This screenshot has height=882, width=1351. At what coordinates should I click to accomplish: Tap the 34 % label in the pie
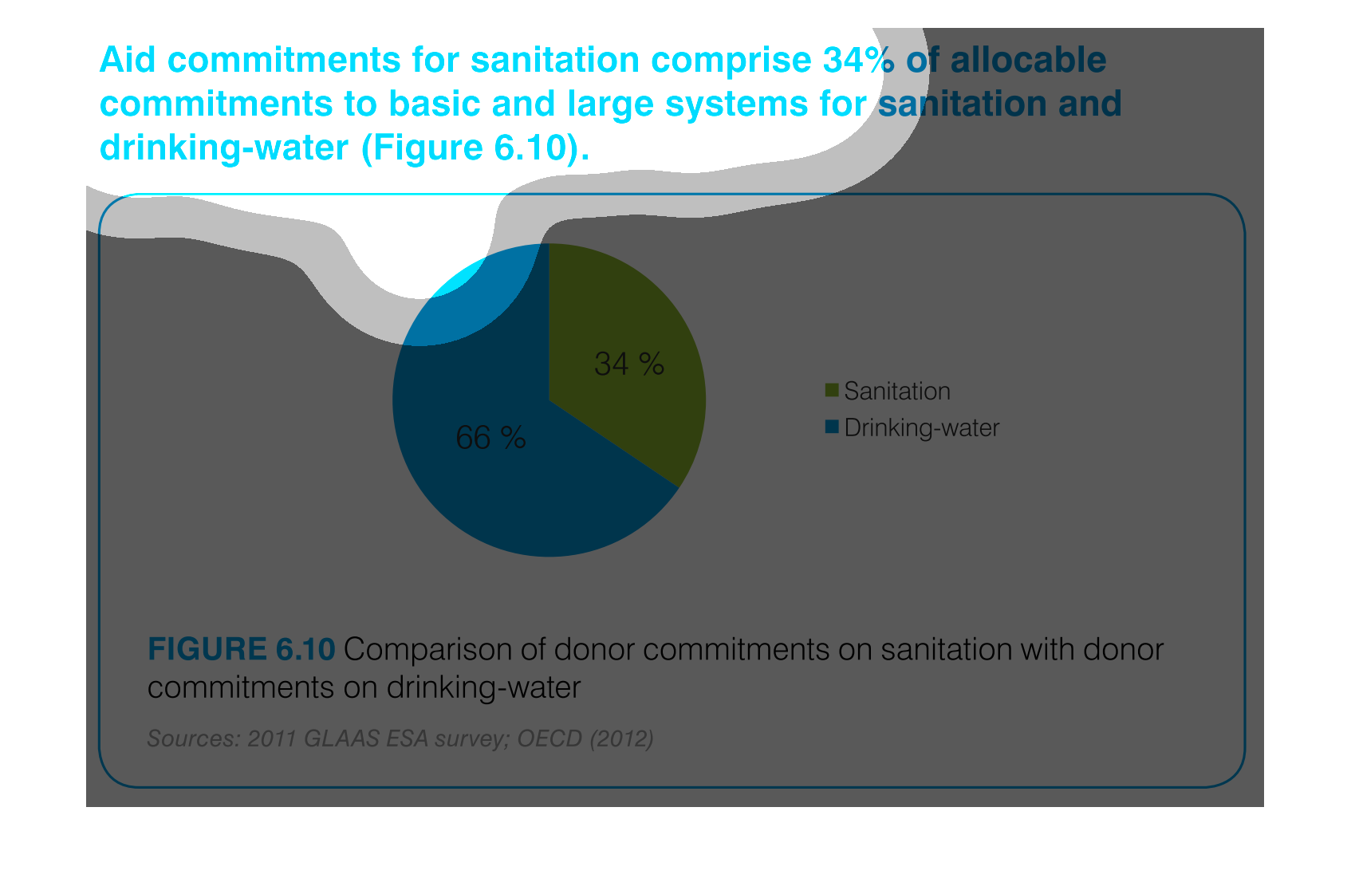tap(629, 364)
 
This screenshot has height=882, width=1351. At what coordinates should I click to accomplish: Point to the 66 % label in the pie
tap(490, 437)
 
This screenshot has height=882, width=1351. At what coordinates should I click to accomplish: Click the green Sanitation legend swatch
tap(832, 390)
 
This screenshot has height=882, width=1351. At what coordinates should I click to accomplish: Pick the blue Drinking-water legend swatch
tap(832, 427)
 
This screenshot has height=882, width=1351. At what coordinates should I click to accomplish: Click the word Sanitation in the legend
tap(897, 391)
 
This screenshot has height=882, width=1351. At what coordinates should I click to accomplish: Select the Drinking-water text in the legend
tap(922, 428)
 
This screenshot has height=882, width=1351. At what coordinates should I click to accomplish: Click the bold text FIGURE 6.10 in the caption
tap(241, 649)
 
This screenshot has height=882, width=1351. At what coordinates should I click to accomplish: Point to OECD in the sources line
tap(549, 738)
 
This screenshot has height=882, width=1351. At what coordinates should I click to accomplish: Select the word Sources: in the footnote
tap(195, 738)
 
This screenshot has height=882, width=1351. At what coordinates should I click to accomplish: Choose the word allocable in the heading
tap(1028, 60)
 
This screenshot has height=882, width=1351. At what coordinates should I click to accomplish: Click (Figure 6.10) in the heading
tap(475, 148)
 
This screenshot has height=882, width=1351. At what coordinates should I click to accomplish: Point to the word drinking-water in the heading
tap(224, 148)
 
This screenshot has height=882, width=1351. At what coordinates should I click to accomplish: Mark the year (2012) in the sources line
tap(622, 738)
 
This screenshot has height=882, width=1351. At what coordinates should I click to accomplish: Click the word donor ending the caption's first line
tap(1123, 649)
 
